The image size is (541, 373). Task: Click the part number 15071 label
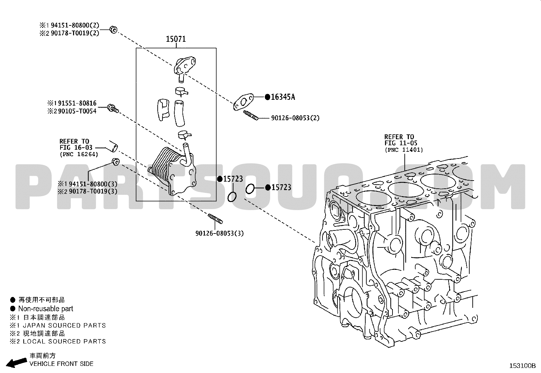click(x=176, y=39)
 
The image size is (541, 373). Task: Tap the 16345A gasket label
click(x=283, y=97)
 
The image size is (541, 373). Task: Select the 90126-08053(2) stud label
click(x=295, y=118)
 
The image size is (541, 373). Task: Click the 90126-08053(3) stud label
click(x=220, y=233)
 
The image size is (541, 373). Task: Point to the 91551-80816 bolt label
click(x=77, y=103)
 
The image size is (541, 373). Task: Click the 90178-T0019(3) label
click(x=93, y=191)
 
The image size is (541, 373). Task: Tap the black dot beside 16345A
click(x=267, y=97)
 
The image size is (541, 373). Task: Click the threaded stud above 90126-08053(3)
click(x=215, y=219)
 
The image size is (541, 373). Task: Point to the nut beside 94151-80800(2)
click(x=114, y=30)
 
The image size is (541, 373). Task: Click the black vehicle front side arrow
click(x=16, y=362)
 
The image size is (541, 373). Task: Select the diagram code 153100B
click(x=522, y=366)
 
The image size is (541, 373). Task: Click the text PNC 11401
click(x=404, y=150)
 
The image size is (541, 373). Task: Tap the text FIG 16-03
click(x=76, y=147)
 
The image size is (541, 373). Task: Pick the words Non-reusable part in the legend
click(x=46, y=309)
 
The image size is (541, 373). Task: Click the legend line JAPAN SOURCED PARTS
click(x=64, y=325)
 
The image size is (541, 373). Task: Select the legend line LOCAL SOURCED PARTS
click(x=64, y=341)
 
